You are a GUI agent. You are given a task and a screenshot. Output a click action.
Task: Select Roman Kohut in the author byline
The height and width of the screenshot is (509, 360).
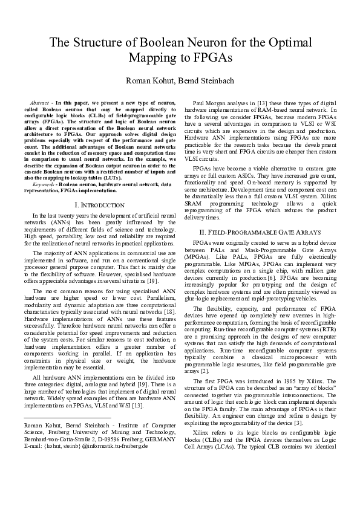pos(147,81)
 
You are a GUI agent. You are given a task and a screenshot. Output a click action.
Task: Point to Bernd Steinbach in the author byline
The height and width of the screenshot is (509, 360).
pos(205,81)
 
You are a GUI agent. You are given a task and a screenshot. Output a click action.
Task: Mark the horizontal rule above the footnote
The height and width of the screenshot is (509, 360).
pos(67,418)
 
